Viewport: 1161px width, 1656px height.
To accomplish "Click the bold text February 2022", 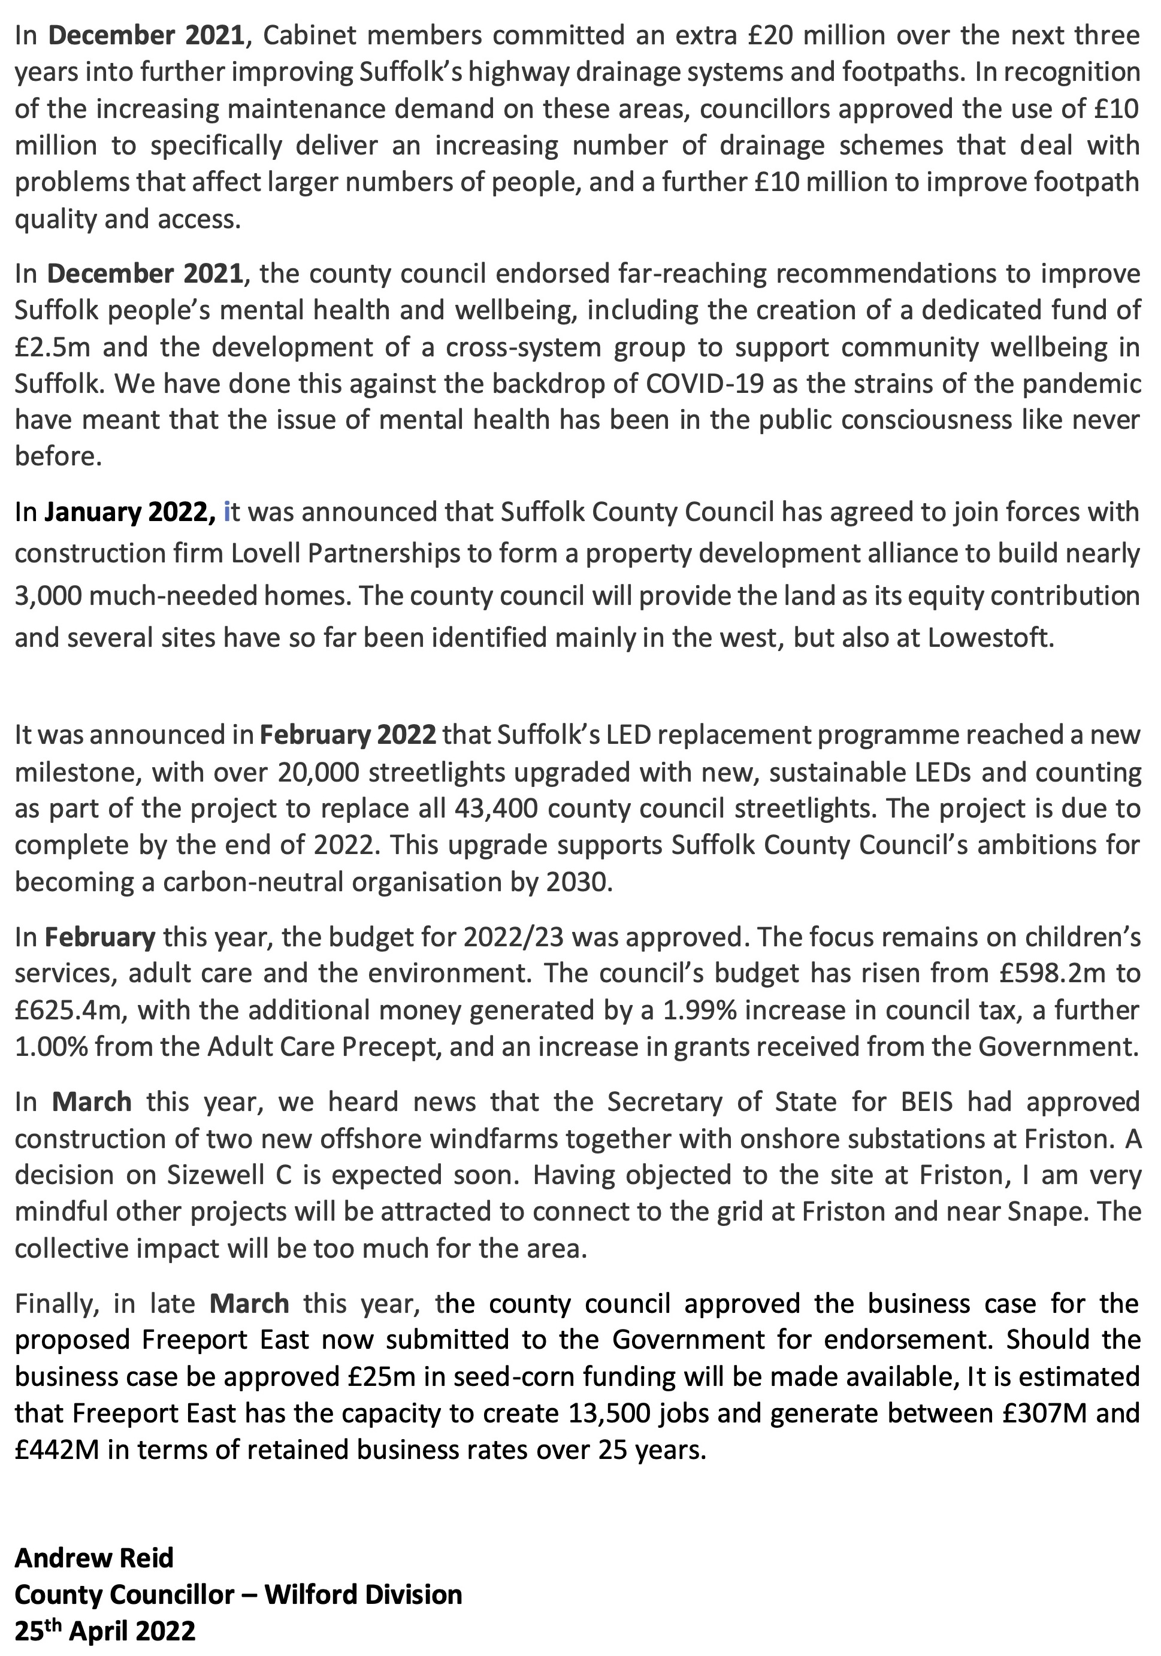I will click(348, 735).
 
